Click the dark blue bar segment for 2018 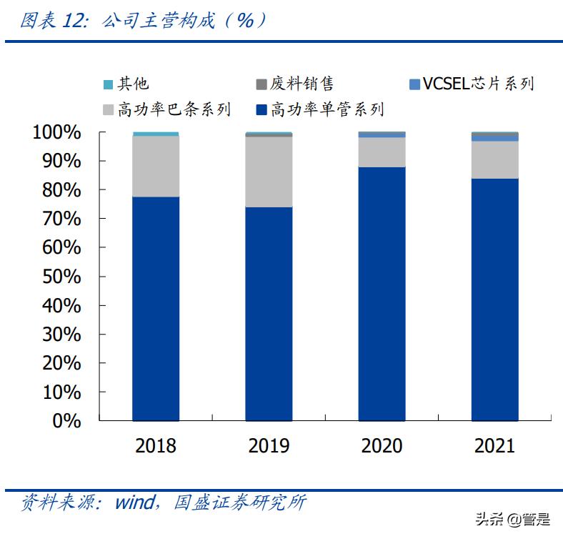click(x=155, y=308)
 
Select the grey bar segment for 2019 click(x=269, y=172)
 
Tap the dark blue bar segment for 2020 click(x=382, y=293)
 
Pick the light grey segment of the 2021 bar click(x=495, y=159)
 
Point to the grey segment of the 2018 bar click(x=155, y=166)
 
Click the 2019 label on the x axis click(x=269, y=446)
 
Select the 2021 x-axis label click(x=495, y=446)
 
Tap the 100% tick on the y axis click(x=56, y=132)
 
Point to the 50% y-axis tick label click(x=61, y=277)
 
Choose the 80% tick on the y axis click(x=61, y=190)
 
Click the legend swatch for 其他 click(x=108, y=84)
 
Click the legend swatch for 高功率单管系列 click(x=261, y=109)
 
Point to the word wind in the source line click(x=134, y=502)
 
